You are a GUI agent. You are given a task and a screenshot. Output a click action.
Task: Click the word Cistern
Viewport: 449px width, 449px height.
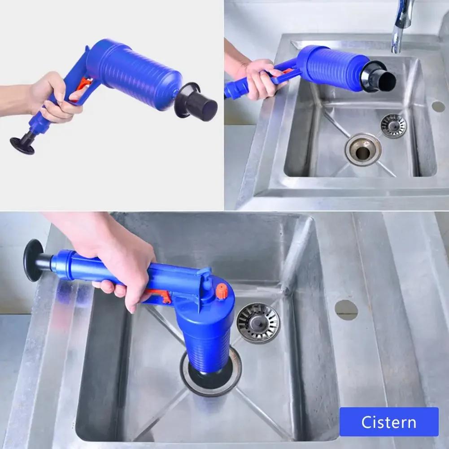(x=389, y=422)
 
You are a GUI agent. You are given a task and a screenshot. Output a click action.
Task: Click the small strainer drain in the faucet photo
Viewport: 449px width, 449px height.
(x=393, y=125)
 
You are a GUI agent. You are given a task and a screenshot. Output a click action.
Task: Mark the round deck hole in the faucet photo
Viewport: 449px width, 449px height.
(x=438, y=106)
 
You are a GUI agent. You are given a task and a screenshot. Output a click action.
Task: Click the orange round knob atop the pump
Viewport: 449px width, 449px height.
(x=221, y=291)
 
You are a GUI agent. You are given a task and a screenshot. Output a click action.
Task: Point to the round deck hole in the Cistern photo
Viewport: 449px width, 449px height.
(x=346, y=310)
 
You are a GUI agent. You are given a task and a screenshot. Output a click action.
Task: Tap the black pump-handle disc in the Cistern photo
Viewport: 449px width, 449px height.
(x=33, y=260)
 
